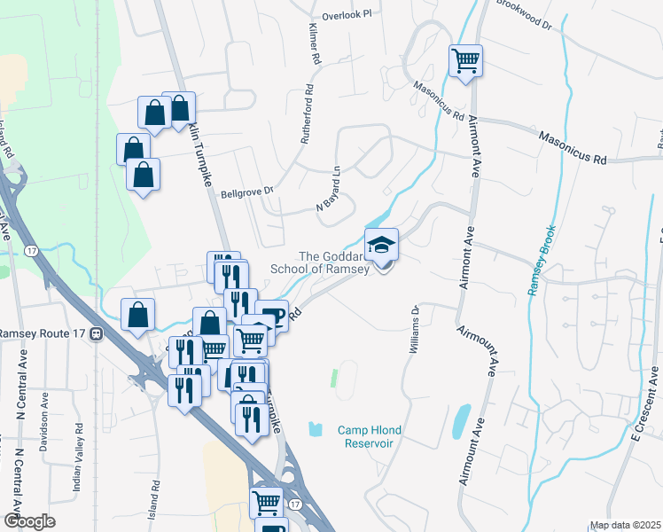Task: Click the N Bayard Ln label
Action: point(330,194)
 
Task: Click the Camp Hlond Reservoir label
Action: point(370,437)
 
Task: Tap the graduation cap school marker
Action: point(382,245)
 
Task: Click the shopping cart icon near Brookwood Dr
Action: point(465,61)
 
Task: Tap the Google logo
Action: point(29,521)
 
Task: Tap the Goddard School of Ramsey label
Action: point(333,262)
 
